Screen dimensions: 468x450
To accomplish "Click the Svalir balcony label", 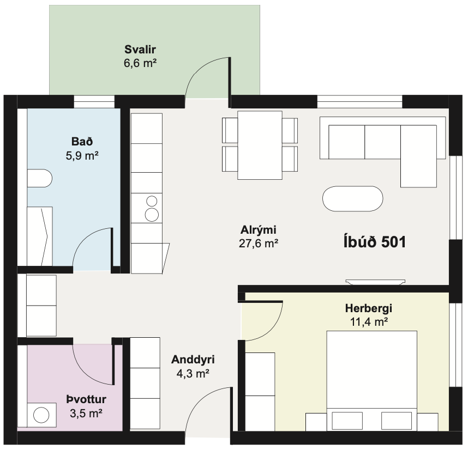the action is click(x=140, y=49).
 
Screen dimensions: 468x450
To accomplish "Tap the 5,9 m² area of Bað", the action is click(x=82, y=156).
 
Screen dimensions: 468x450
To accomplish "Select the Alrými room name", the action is click(x=259, y=230).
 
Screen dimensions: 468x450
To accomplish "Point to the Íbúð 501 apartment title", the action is click(x=375, y=241).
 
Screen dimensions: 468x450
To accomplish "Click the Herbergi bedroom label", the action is click(x=369, y=308).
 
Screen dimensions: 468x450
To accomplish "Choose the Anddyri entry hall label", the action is click(x=193, y=360).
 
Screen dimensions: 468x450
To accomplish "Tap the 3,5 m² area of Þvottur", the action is click(x=86, y=413).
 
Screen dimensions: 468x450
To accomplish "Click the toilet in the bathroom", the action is click(x=40, y=178).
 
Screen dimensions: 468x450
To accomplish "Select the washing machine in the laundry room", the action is click(x=41, y=415).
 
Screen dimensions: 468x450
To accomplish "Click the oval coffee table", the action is click(x=353, y=199).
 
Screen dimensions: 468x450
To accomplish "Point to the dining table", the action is click(x=260, y=145).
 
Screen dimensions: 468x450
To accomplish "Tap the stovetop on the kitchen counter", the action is click(x=147, y=208).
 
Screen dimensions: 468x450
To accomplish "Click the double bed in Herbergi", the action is click(x=371, y=381).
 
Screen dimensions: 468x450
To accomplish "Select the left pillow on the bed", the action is click(x=347, y=421).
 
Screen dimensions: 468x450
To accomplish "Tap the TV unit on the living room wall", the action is click(x=375, y=282).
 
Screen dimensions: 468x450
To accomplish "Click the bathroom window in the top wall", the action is click(x=94, y=102).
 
